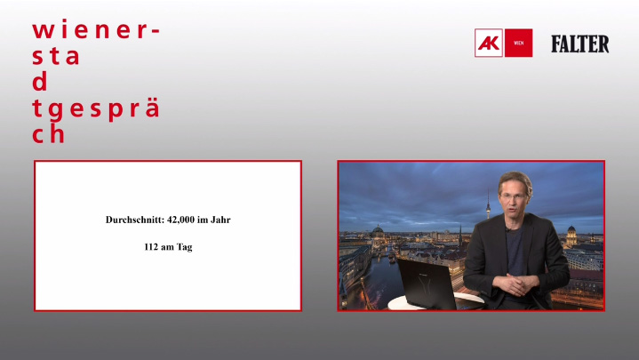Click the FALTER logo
tap(580, 44)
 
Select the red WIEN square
tap(519, 43)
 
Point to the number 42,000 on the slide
tap(185, 219)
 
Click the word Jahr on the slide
tap(231, 219)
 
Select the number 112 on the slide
tap(151, 246)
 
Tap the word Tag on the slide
tap(184, 247)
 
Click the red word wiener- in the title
tap(96, 29)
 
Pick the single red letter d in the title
tap(39, 82)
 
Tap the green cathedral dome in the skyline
tap(378, 233)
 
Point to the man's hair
tap(515, 178)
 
